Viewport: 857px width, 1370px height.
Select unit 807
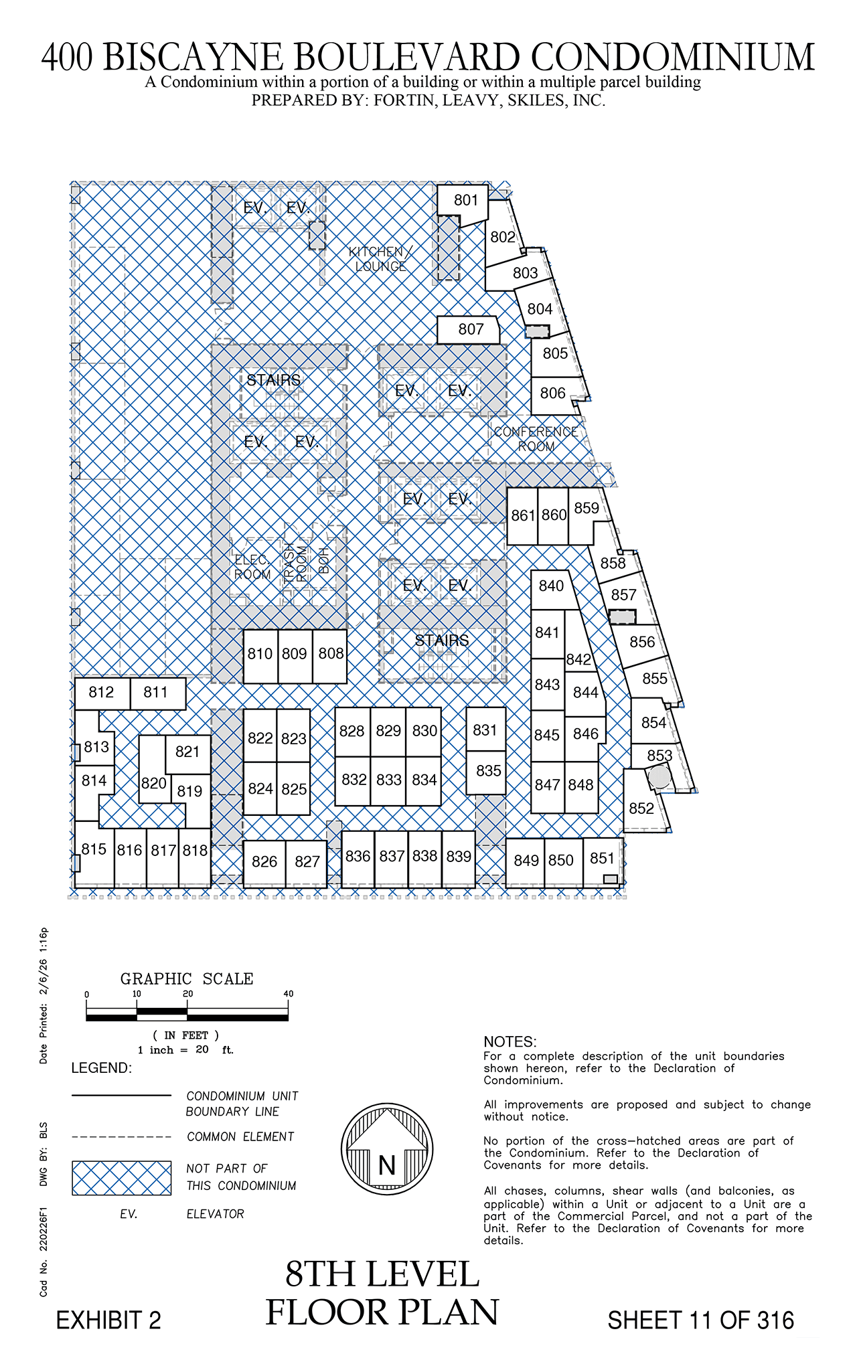pyautogui.click(x=469, y=329)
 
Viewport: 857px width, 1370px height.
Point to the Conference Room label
pyautogui.click(x=536, y=439)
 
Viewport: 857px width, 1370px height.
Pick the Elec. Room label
pyautogui.click(x=252, y=568)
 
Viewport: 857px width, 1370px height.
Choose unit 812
pyautogui.click(x=102, y=693)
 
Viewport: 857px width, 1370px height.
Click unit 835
pyautogui.click(x=486, y=772)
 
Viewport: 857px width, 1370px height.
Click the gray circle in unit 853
pyautogui.click(x=660, y=777)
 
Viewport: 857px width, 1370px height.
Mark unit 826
pyautogui.click(x=264, y=863)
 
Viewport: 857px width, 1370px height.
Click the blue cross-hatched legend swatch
pyautogui.click(x=122, y=1178)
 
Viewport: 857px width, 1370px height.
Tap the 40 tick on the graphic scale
pyautogui.click(x=289, y=995)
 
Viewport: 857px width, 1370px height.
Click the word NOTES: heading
pyautogui.click(x=510, y=1041)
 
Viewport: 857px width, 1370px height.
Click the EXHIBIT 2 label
pyautogui.click(x=108, y=1320)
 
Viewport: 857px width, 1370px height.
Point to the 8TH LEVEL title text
pyautogui.click(x=382, y=1275)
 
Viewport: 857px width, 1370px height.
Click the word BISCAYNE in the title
pyautogui.click(x=194, y=57)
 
